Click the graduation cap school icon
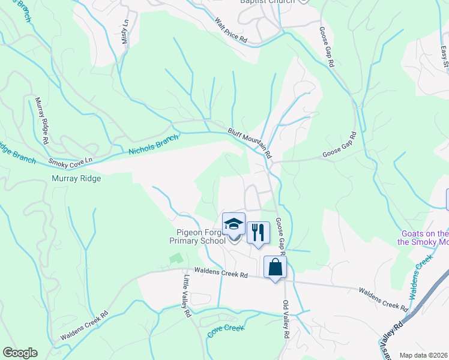tap(234, 225)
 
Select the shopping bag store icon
tap(275, 266)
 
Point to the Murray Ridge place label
tap(76, 178)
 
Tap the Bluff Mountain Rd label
tap(249, 142)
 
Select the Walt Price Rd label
tap(231, 29)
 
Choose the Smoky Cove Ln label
tap(72, 162)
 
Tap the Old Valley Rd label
tap(286, 318)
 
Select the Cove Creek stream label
tap(226, 329)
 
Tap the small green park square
tap(175, 259)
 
